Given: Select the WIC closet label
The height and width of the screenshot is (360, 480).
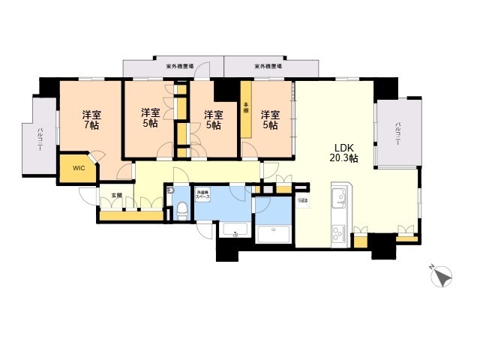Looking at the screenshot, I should click(79, 168).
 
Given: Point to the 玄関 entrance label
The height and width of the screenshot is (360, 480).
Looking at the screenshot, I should click(116, 195).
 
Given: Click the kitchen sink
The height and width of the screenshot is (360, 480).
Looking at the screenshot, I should click(338, 199).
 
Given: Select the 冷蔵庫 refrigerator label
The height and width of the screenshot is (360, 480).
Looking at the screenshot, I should click(301, 200).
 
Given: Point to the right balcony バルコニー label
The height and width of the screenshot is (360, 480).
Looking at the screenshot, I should click(397, 135).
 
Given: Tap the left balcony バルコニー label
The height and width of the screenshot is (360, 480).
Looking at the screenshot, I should click(40, 140).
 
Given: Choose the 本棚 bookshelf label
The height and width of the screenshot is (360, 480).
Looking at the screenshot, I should click(245, 107).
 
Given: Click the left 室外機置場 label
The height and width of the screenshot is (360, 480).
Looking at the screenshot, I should click(180, 66).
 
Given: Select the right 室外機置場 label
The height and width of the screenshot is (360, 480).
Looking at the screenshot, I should click(267, 66).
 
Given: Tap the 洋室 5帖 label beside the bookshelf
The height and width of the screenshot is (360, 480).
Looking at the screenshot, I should click(270, 120).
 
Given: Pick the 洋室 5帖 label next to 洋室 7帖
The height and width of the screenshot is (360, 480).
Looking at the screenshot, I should click(150, 118).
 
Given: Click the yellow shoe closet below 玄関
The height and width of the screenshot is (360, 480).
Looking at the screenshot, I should click(131, 217).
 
